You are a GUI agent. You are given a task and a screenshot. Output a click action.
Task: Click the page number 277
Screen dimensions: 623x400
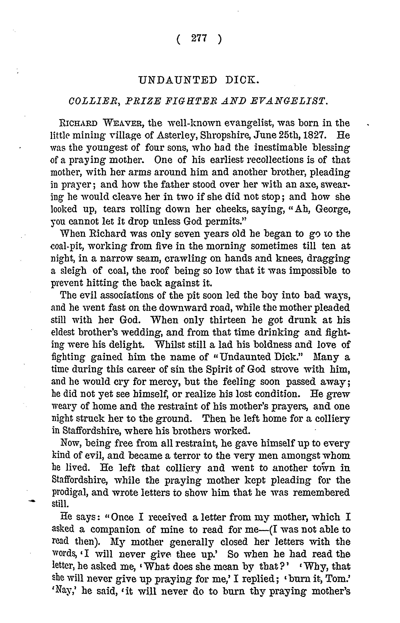point(199,39)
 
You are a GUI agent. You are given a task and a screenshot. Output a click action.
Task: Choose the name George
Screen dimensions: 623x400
point(332,209)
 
